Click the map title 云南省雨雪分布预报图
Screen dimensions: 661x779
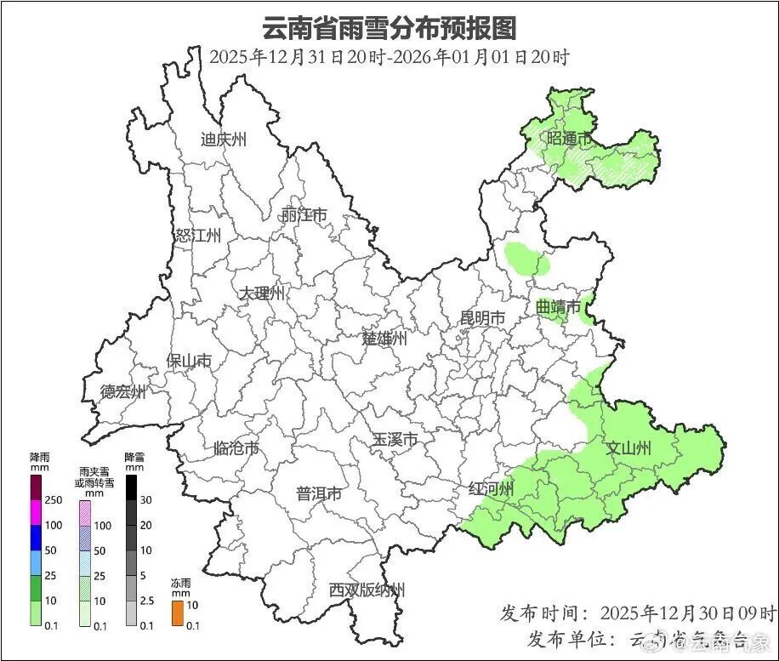tap(389, 28)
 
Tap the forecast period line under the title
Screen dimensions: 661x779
tap(389, 58)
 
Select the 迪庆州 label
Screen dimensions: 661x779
tap(223, 140)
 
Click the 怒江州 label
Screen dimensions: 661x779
tap(197, 236)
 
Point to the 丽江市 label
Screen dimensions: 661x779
tap(304, 216)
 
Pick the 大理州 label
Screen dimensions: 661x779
tap(261, 293)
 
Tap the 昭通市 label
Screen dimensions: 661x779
tap(569, 139)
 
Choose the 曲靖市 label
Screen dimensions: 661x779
tap(559, 306)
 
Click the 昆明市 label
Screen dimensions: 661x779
tap(482, 318)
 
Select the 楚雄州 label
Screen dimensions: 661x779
tap(384, 339)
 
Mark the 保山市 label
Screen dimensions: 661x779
tap(189, 362)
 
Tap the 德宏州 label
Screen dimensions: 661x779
tap(123, 392)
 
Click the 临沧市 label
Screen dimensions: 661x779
tap(236, 448)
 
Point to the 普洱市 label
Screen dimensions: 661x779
tap(319, 494)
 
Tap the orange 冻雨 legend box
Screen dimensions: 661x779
tap(178, 613)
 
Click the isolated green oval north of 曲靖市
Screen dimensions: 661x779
tap(526, 259)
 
